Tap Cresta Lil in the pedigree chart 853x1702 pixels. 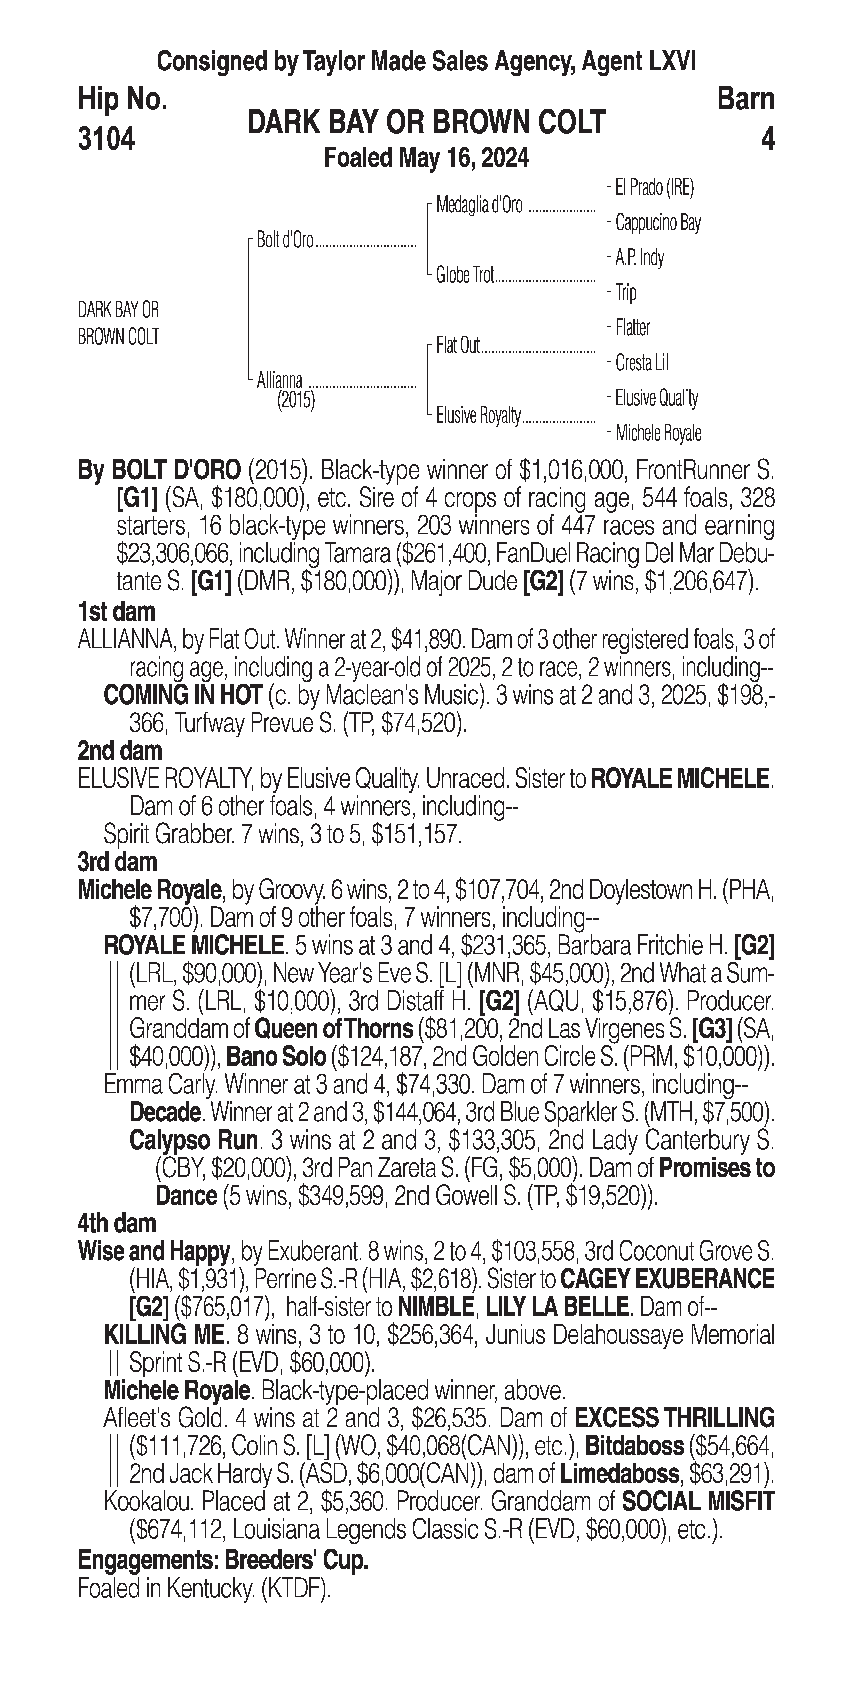641,363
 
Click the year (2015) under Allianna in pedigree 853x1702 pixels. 296,400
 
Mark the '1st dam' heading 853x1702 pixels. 116,612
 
